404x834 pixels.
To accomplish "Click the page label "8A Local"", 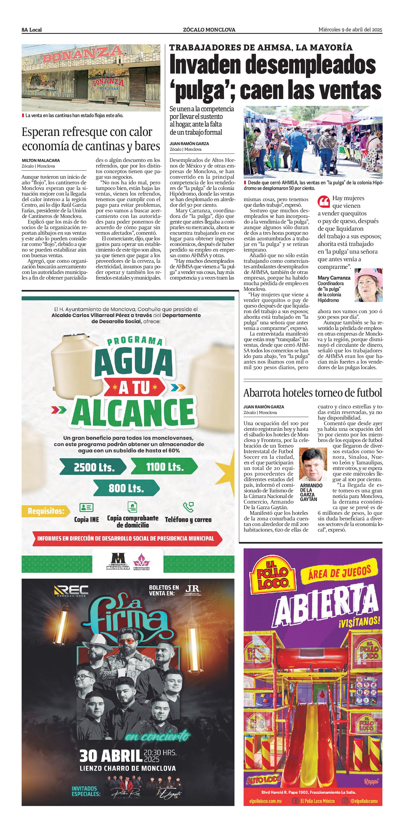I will pos(32,30).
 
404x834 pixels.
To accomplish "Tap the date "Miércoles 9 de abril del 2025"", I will pos(350,30).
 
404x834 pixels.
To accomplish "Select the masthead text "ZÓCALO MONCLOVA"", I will pos(209,30).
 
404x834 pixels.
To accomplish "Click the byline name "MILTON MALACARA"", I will pos(41,160).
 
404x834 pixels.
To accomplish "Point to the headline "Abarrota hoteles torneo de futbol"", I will pos(313,393).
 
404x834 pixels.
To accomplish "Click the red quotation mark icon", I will pos(324,201).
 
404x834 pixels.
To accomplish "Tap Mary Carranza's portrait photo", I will pos(368,285).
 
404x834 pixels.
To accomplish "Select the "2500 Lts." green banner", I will pos(94,467).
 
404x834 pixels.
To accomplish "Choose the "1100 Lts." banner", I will pos(164,467).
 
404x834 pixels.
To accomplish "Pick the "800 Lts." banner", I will pos(126,488).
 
